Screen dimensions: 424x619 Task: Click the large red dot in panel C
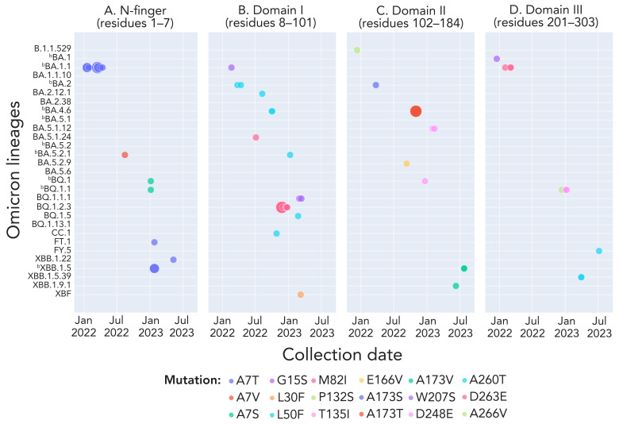pos(416,111)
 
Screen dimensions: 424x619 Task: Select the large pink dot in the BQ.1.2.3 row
pos(281,207)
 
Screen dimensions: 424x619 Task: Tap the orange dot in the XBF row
pos(301,295)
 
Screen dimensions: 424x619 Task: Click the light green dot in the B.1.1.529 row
pos(357,50)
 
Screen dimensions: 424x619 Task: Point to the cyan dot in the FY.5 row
pos(599,251)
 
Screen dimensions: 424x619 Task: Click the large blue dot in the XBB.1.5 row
pos(155,268)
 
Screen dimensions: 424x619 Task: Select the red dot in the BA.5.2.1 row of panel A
pos(125,155)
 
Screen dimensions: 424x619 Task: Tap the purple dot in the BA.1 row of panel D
pos(497,59)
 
